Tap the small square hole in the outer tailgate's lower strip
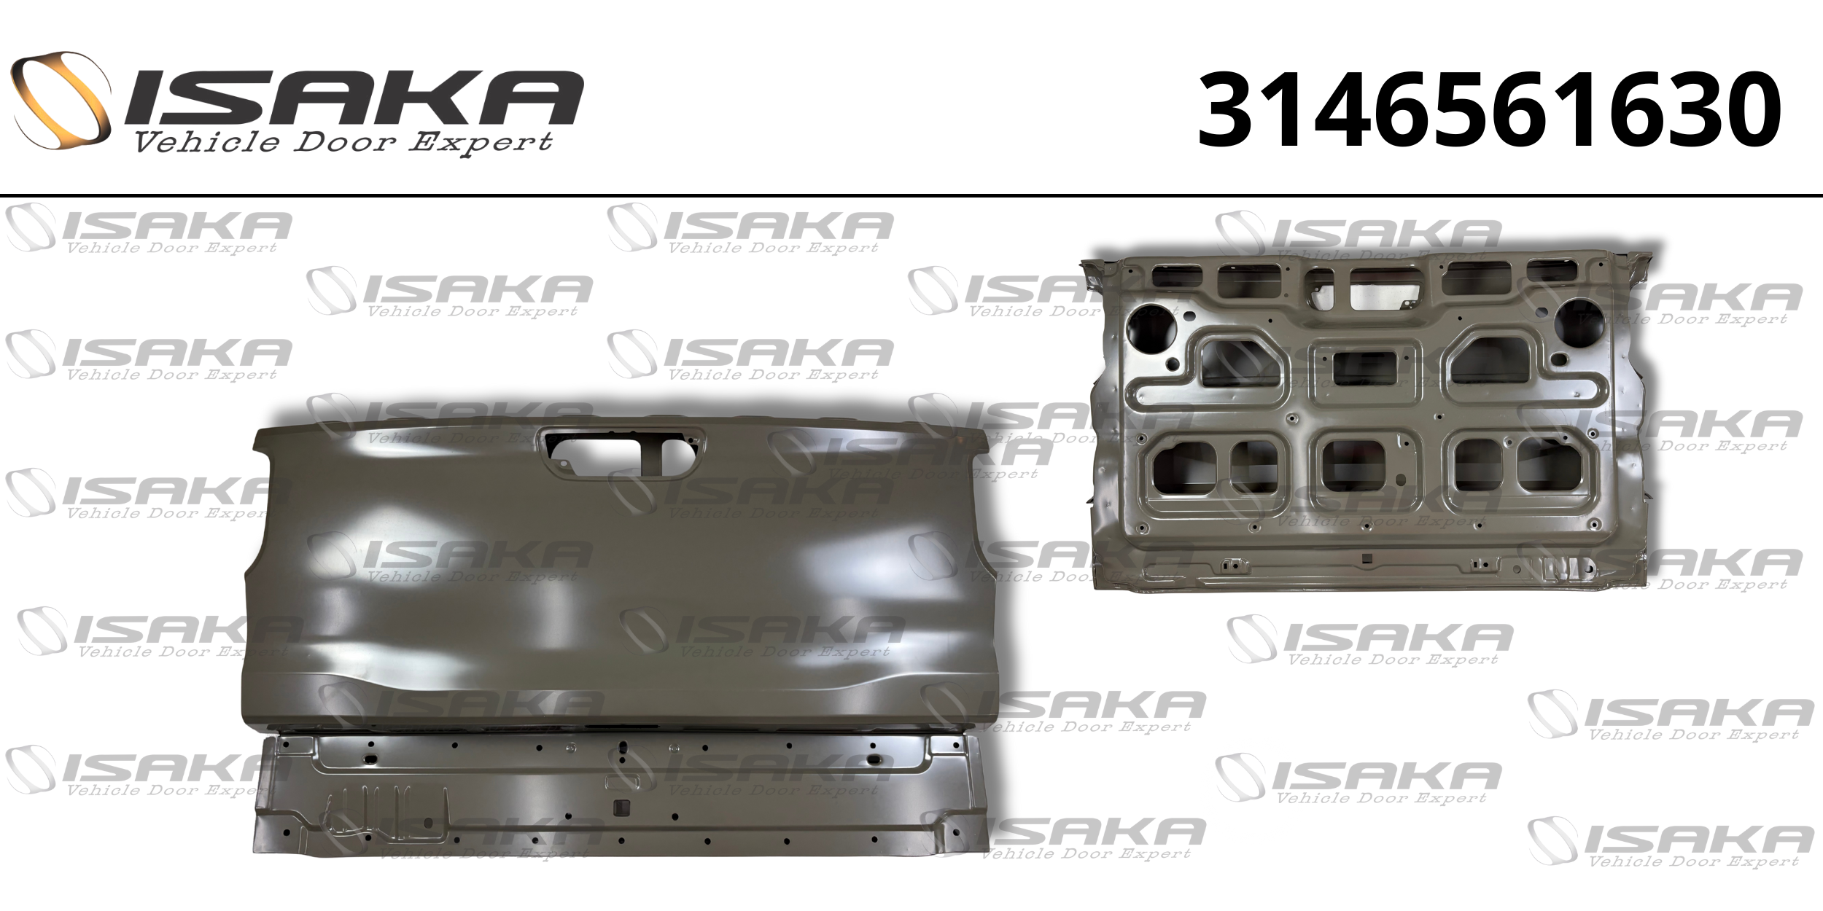click(622, 807)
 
